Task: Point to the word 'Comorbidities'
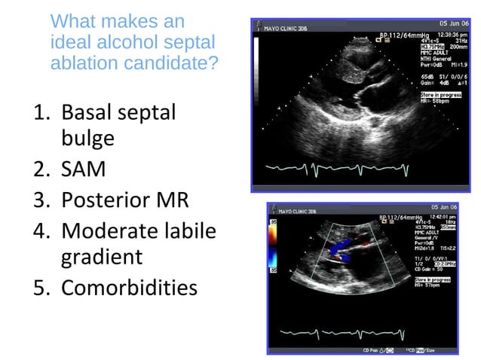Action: pyautogui.click(x=129, y=287)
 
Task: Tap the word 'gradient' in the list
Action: pyautogui.click(x=101, y=257)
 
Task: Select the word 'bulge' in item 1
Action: pyautogui.click(x=87, y=139)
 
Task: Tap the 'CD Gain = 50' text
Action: pyautogui.click(x=437, y=269)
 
